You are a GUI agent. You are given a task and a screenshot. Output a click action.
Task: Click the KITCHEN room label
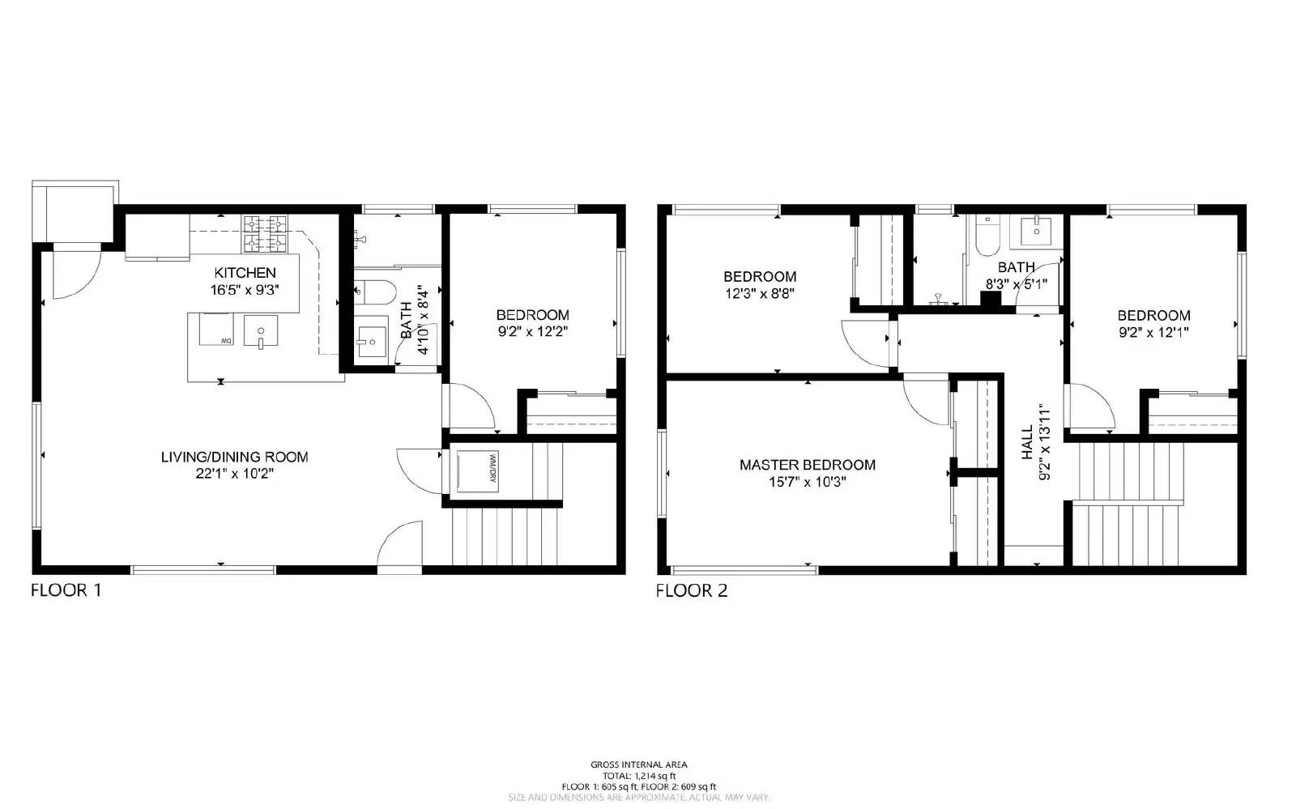(245, 273)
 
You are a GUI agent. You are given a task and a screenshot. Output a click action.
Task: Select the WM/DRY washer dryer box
(475, 470)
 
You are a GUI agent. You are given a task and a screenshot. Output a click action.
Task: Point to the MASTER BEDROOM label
(807, 465)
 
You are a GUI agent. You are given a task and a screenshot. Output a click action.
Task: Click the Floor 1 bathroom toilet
(373, 289)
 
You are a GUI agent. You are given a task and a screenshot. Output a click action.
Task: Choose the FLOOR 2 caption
(691, 590)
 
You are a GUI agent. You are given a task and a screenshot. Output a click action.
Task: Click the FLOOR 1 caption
(66, 590)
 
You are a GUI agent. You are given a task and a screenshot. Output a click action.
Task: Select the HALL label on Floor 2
(1027, 442)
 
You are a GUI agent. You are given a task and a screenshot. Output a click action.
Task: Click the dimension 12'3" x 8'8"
(760, 293)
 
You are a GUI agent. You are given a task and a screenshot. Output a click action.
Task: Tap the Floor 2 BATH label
(1016, 267)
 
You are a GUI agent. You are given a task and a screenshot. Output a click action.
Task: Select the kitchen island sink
(260, 332)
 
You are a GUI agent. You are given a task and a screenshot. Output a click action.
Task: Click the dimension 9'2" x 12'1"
(1153, 332)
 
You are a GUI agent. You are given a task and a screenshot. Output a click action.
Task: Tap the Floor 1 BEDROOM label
(532, 315)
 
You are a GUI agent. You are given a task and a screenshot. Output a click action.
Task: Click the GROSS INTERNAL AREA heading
(638, 764)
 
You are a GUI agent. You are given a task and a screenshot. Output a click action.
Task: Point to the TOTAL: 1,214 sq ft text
(638, 776)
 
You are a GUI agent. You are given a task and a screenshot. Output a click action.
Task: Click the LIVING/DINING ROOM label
(234, 457)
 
